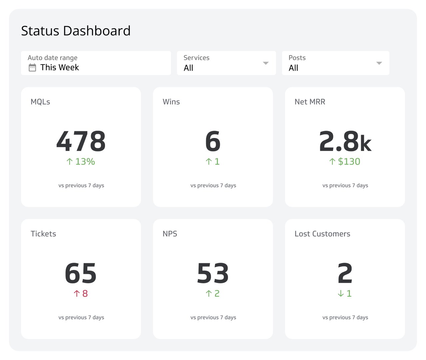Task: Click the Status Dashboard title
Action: click(76, 31)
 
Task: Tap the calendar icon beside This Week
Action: click(32, 68)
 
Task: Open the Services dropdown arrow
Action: click(266, 63)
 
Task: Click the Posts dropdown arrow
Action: click(379, 63)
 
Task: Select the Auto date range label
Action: click(52, 58)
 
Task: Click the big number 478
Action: click(81, 141)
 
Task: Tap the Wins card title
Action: click(171, 102)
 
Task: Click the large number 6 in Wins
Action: click(213, 141)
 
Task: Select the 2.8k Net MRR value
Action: click(345, 141)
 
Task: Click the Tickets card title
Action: click(43, 234)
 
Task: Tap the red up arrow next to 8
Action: click(77, 293)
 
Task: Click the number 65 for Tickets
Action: click(81, 273)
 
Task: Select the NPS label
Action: click(170, 234)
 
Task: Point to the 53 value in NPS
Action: click(213, 273)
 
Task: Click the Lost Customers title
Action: click(322, 234)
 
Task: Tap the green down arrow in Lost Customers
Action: click(341, 293)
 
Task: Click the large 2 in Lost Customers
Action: click(345, 273)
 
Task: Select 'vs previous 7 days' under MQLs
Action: click(81, 185)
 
